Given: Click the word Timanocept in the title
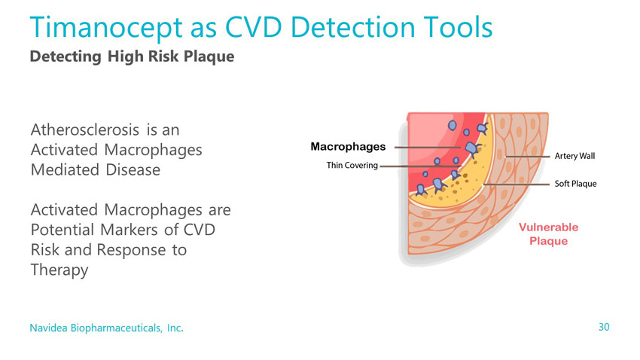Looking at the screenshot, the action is point(106,28).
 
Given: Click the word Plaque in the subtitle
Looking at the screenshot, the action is point(209,57).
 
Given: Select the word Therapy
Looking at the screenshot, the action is point(59,270).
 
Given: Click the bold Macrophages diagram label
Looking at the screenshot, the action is point(348,147).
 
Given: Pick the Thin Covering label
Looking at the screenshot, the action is point(352,165).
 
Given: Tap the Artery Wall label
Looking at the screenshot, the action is point(574,156).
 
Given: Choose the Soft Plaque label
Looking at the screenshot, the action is point(575,184).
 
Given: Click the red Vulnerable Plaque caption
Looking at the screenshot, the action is point(549,234).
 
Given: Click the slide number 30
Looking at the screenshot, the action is point(604,327).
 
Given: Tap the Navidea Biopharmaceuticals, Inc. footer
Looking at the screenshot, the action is point(106,328).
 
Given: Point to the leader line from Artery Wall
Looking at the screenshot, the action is point(527,157).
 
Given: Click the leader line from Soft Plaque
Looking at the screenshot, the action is point(517,185).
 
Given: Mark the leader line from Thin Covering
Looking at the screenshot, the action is point(420,166).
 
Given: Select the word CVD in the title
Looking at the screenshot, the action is point(253,27).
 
